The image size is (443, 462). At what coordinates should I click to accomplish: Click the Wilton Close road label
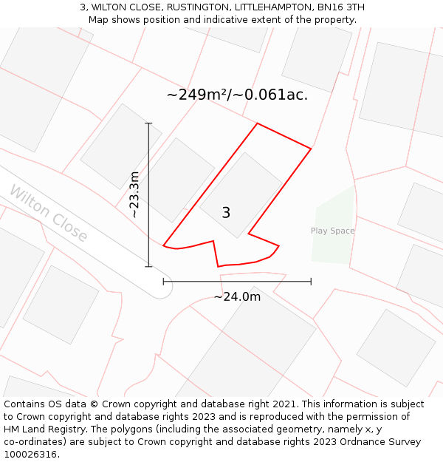[x=49, y=214]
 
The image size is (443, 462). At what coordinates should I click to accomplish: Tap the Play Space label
[x=332, y=231]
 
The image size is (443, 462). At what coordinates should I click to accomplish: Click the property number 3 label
[x=226, y=213]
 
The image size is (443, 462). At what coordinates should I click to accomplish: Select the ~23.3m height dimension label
[x=134, y=194]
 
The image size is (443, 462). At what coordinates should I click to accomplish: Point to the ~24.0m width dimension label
[x=237, y=296]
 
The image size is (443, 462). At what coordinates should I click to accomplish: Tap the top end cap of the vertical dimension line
[x=148, y=123]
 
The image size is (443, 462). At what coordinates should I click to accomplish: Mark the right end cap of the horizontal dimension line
[x=311, y=282]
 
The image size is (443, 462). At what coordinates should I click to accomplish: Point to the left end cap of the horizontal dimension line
[x=163, y=282]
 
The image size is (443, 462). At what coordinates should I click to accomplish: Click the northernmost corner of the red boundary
[x=257, y=123]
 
